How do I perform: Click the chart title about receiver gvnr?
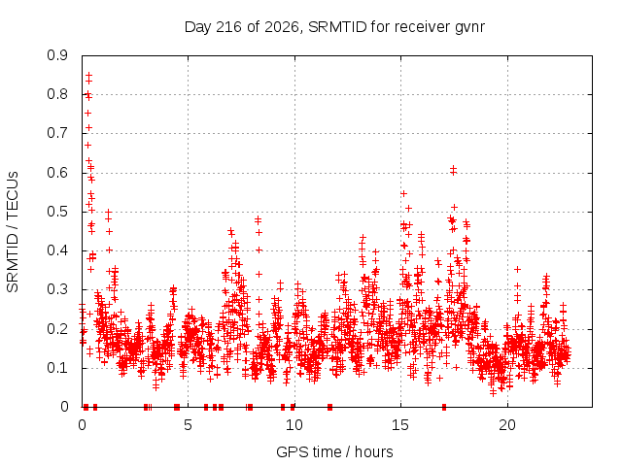pos(334,27)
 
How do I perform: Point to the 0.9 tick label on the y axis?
pos(57,55)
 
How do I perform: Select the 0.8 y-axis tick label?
pos(57,95)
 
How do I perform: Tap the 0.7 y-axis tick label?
pos(57,134)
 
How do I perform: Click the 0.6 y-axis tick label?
pos(57,173)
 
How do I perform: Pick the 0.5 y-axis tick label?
pos(57,212)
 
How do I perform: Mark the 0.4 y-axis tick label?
pos(57,250)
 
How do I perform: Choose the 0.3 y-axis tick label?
pos(57,289)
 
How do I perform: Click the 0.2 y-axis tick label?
pos(57,329)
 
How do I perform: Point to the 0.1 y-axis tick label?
pos(57,368)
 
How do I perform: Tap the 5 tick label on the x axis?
pos(188,425)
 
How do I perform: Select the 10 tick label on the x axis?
pos(294,425)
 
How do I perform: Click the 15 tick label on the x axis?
pos(400,425)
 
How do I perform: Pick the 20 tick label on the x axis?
pos(507,425)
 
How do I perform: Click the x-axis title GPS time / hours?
pos(334,452)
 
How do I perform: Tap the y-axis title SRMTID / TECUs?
pos(13,232)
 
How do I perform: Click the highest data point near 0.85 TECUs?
pos(88,75)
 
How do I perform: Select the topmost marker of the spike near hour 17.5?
pos(453,168)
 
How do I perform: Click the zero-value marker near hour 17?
pos(444,407)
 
